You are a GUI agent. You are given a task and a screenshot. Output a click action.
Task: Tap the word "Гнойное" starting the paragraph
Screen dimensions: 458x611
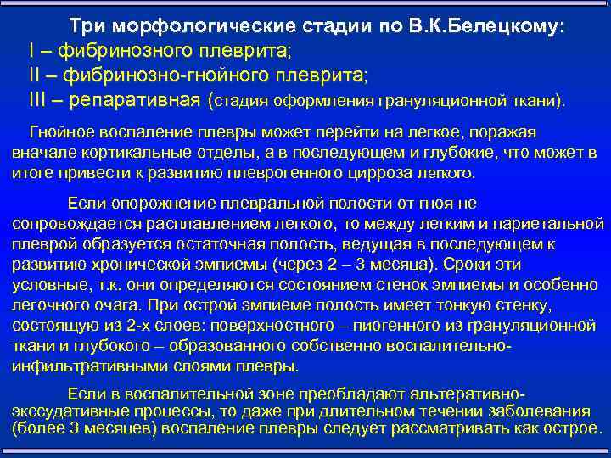click(61, 132)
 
